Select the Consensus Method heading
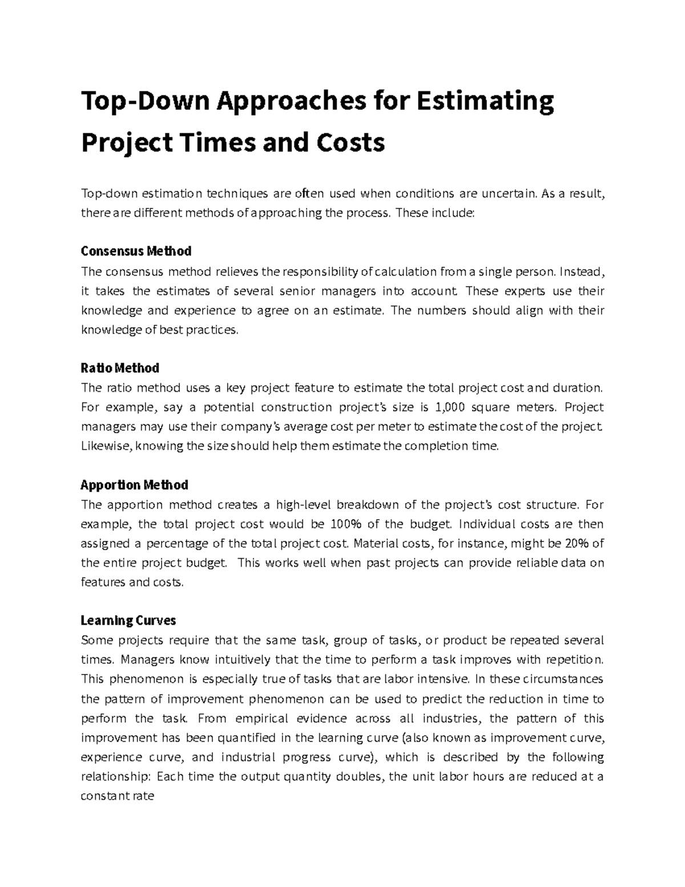click(x=136, y=251)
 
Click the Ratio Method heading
click(x=120, y=368)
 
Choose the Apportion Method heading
click(x=134, y=485)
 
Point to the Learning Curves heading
click(x=128, y=620)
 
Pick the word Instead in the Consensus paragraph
click(x=581, y=271)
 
